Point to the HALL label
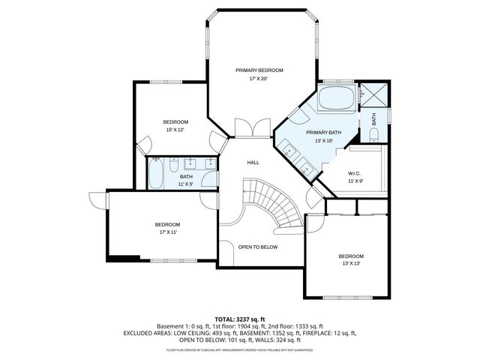(x=253, y=162)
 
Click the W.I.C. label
(x=355, y=173)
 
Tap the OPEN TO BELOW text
(x=258, y=247)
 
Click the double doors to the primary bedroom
(x=250, y=128)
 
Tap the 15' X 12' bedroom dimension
(x=175, y=130)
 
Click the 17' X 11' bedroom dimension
(x=167, y=232)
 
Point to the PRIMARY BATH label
(x=323, y=133)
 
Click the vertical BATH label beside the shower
(x=373, y=119)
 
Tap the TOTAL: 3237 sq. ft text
(x=239, y=319)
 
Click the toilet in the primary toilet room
(x=374, y=134)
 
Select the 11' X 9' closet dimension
(x=355, y=181)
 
